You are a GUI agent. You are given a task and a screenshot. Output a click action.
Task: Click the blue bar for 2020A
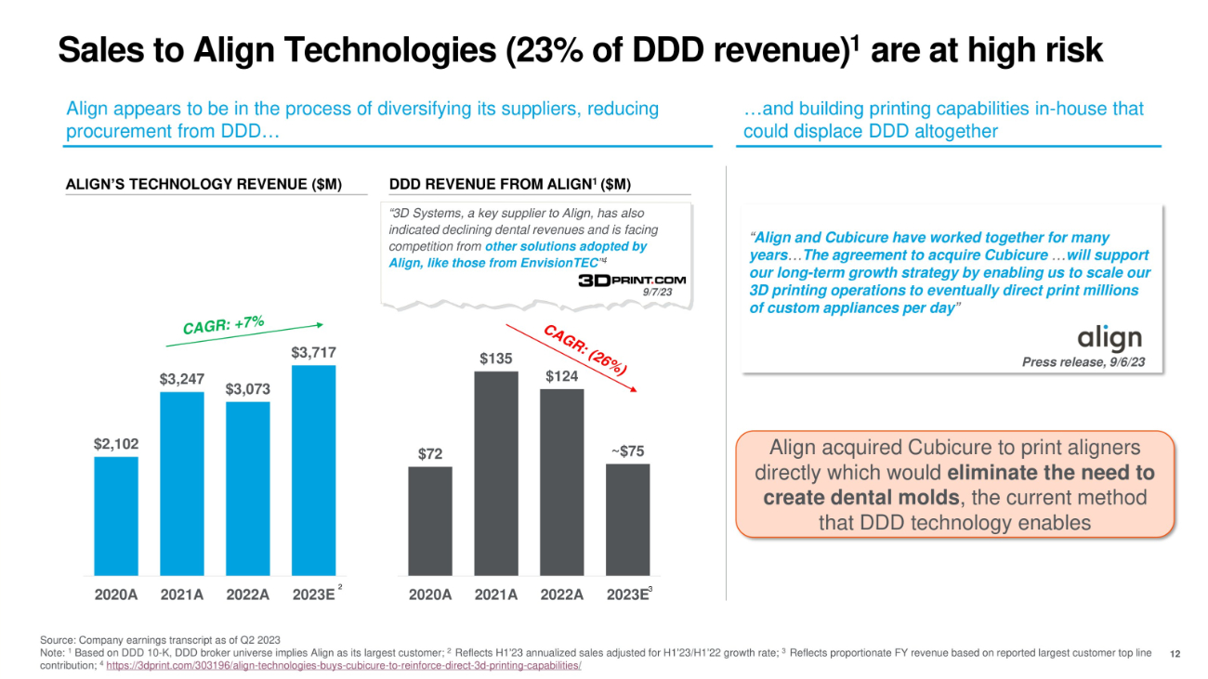point(116,516)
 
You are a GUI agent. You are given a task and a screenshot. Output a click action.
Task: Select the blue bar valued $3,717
point(313,470)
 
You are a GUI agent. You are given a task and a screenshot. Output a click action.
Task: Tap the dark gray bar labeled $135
point(496,473)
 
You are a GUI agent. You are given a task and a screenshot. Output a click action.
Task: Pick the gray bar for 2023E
point(628,519)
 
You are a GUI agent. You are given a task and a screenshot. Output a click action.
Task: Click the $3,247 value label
point(182,379)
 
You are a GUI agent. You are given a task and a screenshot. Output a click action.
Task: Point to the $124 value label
point(562,375)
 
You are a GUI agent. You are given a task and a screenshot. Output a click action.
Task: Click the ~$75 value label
point(627,451)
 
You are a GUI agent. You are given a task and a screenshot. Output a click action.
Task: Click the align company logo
point(1109,339)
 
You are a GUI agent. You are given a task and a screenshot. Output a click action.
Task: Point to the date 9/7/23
point(657,293)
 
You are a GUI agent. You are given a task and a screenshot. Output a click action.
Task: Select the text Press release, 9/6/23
point(1083,362)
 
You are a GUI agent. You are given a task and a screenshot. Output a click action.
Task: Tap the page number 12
point(1175,654)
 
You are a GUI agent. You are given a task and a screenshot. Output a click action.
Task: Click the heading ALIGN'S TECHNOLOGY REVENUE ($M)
point(204,185)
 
